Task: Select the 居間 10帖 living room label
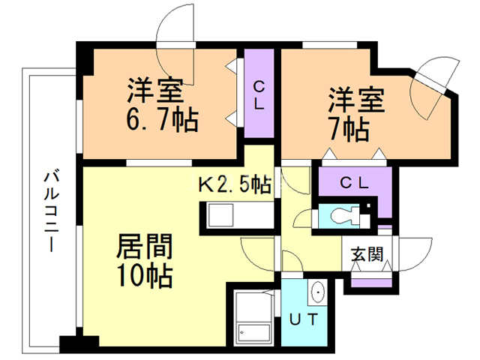[144, 260]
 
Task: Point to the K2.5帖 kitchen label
[233, 184]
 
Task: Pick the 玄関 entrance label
[367, 253]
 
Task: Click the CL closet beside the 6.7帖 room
[258, 94]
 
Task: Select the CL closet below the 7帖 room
[352, 182]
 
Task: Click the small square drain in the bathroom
[241, 332]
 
